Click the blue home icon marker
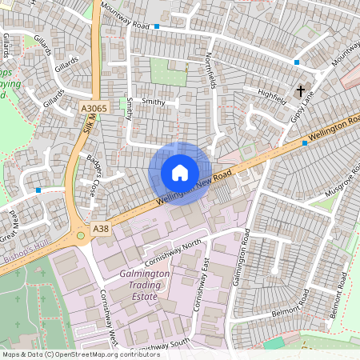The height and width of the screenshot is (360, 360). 180,172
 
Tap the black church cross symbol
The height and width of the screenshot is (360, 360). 302,91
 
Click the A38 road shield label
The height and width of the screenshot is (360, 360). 101,229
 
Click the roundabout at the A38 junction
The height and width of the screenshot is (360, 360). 80,235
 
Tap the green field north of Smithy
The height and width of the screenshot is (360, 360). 168,73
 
